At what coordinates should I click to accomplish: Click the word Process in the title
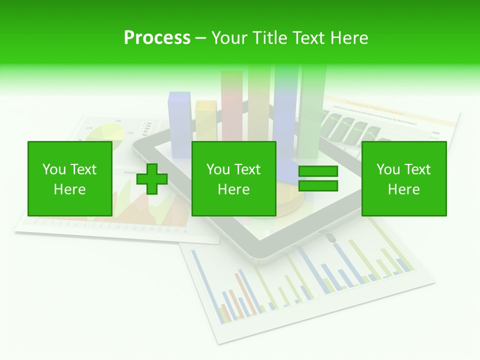(x=157, y=37)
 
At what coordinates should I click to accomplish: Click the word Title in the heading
(x=268, y=37)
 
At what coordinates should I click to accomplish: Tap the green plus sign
(x=152, y=179)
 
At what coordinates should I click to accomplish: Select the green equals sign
(x=318, y=179)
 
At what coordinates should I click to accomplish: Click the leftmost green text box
(x=69, y=178)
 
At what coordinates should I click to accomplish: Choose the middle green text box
(x=233, y=178)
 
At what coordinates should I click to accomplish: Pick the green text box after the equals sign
(x=403, y=178)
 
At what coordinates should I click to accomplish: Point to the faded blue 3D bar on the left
(x=179, y=117)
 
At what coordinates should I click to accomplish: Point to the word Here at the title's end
(x=350, y=37)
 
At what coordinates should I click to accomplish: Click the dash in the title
(x=200, y=38)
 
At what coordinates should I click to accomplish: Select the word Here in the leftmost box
(x=69, y=189)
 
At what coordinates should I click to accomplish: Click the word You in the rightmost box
(x=388, y=169)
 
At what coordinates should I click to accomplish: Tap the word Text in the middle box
(x=247, y=169)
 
